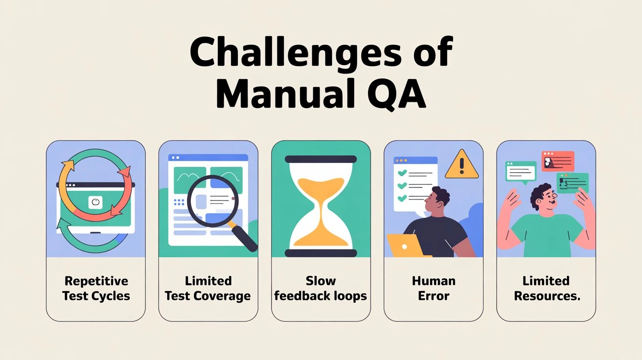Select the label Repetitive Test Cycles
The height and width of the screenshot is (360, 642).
coord(96,289)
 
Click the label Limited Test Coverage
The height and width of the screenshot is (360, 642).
coord(208,289)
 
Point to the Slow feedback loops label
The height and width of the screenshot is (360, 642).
coord(321,289)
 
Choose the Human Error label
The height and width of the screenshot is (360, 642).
coord(434,289)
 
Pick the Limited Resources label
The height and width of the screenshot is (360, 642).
coord(546,289)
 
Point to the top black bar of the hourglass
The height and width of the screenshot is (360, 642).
coord(321,158)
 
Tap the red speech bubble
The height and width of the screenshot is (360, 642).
coord(557,161)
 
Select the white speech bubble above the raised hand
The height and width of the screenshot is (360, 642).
coord(521,171)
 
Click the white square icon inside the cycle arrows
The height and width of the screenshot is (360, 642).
coord(95,202)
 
